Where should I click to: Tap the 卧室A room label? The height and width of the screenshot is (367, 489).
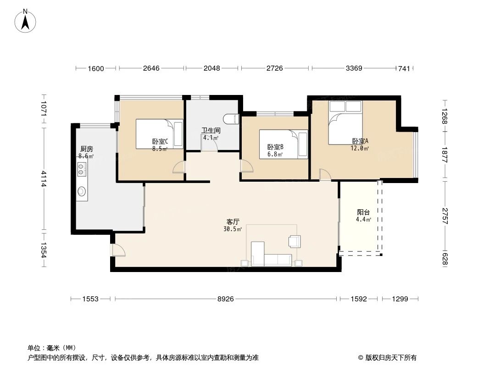point(360,141)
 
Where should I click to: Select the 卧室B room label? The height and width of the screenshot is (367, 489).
point(275,147)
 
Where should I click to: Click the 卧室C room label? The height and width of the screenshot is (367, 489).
point(160,142)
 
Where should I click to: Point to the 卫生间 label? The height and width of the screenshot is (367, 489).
point(211,130)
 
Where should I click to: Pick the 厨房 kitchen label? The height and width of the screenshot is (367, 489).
point(86,149)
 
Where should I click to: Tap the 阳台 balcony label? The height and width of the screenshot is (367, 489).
point(363,212)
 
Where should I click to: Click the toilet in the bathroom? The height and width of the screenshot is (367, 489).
point(233,118)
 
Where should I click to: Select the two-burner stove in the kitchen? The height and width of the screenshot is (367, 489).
point(82,170)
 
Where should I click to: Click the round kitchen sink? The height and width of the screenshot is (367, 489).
point(82,191)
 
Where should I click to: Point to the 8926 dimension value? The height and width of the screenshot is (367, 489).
point(225,299)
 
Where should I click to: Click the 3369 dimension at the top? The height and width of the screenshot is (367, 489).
point(354,68)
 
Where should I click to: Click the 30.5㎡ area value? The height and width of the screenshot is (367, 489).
point(233,229)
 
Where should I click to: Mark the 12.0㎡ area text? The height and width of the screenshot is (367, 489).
point(360,148)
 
